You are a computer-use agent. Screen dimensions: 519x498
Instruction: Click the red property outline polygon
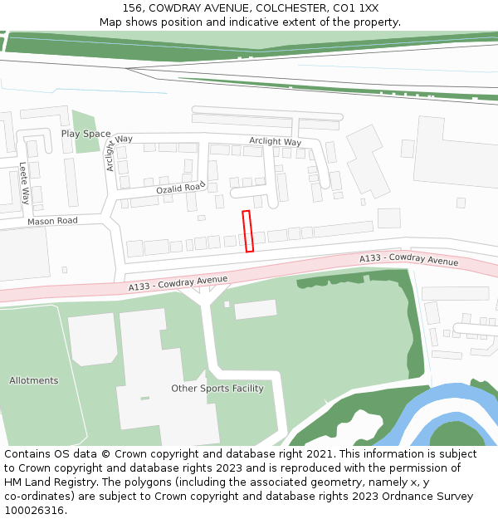tap(247, 231)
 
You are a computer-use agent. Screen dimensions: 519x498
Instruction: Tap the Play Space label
tap(85, 134)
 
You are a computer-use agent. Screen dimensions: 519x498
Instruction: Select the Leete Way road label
tap(25, 184)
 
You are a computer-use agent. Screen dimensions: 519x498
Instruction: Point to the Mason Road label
tap(52, 222)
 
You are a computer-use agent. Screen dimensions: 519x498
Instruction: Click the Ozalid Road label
tap(180, 189)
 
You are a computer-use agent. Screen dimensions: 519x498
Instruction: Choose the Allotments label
tap(34, 381)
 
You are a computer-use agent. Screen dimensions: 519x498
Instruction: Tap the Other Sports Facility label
tap(217, 389)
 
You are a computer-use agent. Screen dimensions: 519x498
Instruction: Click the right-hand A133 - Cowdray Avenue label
tap(408, 261)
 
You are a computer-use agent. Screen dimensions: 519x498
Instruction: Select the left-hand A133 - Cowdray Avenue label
tap(178, 283)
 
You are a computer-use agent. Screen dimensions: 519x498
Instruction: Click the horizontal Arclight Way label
tap(275, 141)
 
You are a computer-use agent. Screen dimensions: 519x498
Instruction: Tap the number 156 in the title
tap(133, 8)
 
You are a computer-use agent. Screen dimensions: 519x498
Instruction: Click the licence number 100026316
tap(34, 511)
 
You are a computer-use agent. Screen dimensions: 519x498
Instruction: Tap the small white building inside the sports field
tap(256, 310)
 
